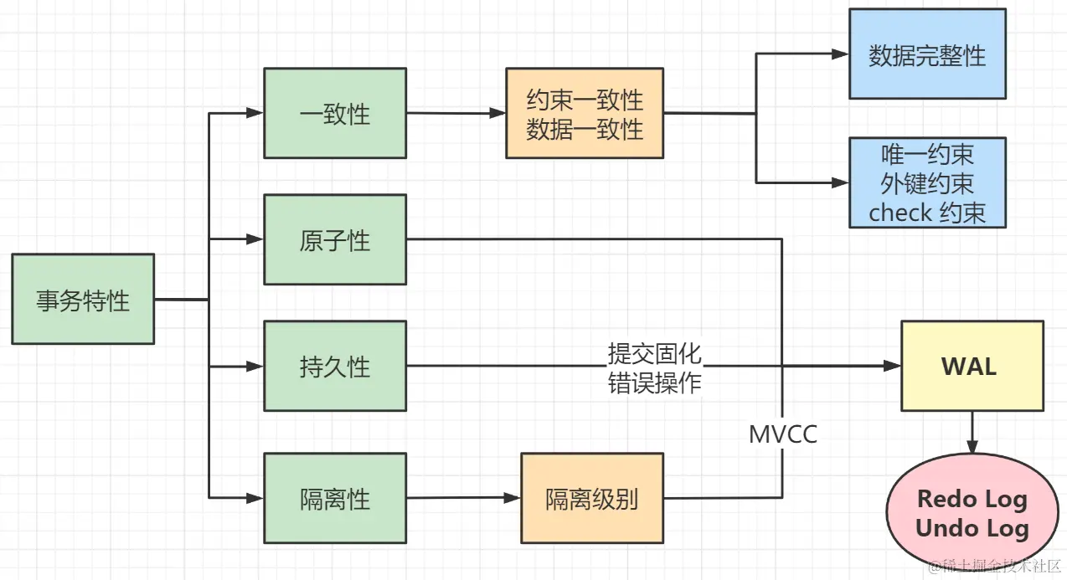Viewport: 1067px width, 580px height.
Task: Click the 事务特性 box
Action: pos(83,299)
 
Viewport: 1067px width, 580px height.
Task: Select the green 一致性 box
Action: pos(334,113)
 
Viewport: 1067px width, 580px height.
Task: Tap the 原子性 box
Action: pos(334,240)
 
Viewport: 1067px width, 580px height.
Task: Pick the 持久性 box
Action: pos(334,366)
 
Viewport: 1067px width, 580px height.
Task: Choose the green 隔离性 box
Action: pos(334,498)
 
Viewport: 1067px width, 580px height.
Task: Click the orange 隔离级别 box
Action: pos(591,498)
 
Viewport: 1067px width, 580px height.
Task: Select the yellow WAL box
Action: pos(972,366)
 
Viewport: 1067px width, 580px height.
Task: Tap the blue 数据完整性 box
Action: pos(926,54)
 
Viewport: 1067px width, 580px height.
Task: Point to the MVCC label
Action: pos(783,434)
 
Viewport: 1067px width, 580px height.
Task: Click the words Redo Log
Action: pos(972,500)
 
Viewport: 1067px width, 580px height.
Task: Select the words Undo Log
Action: pos(972,528)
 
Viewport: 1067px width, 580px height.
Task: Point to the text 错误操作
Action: pos(655,382)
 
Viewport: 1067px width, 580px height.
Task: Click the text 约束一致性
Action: pos(585,100)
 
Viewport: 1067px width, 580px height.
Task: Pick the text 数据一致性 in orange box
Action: pos(585,129)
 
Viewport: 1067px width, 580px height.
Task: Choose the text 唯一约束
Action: pos(927,155)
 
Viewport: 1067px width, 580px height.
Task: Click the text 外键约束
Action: pos(927,183)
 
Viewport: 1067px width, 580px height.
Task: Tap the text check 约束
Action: pos(927,212)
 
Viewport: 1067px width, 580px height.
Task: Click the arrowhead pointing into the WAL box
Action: pos(892,366)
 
